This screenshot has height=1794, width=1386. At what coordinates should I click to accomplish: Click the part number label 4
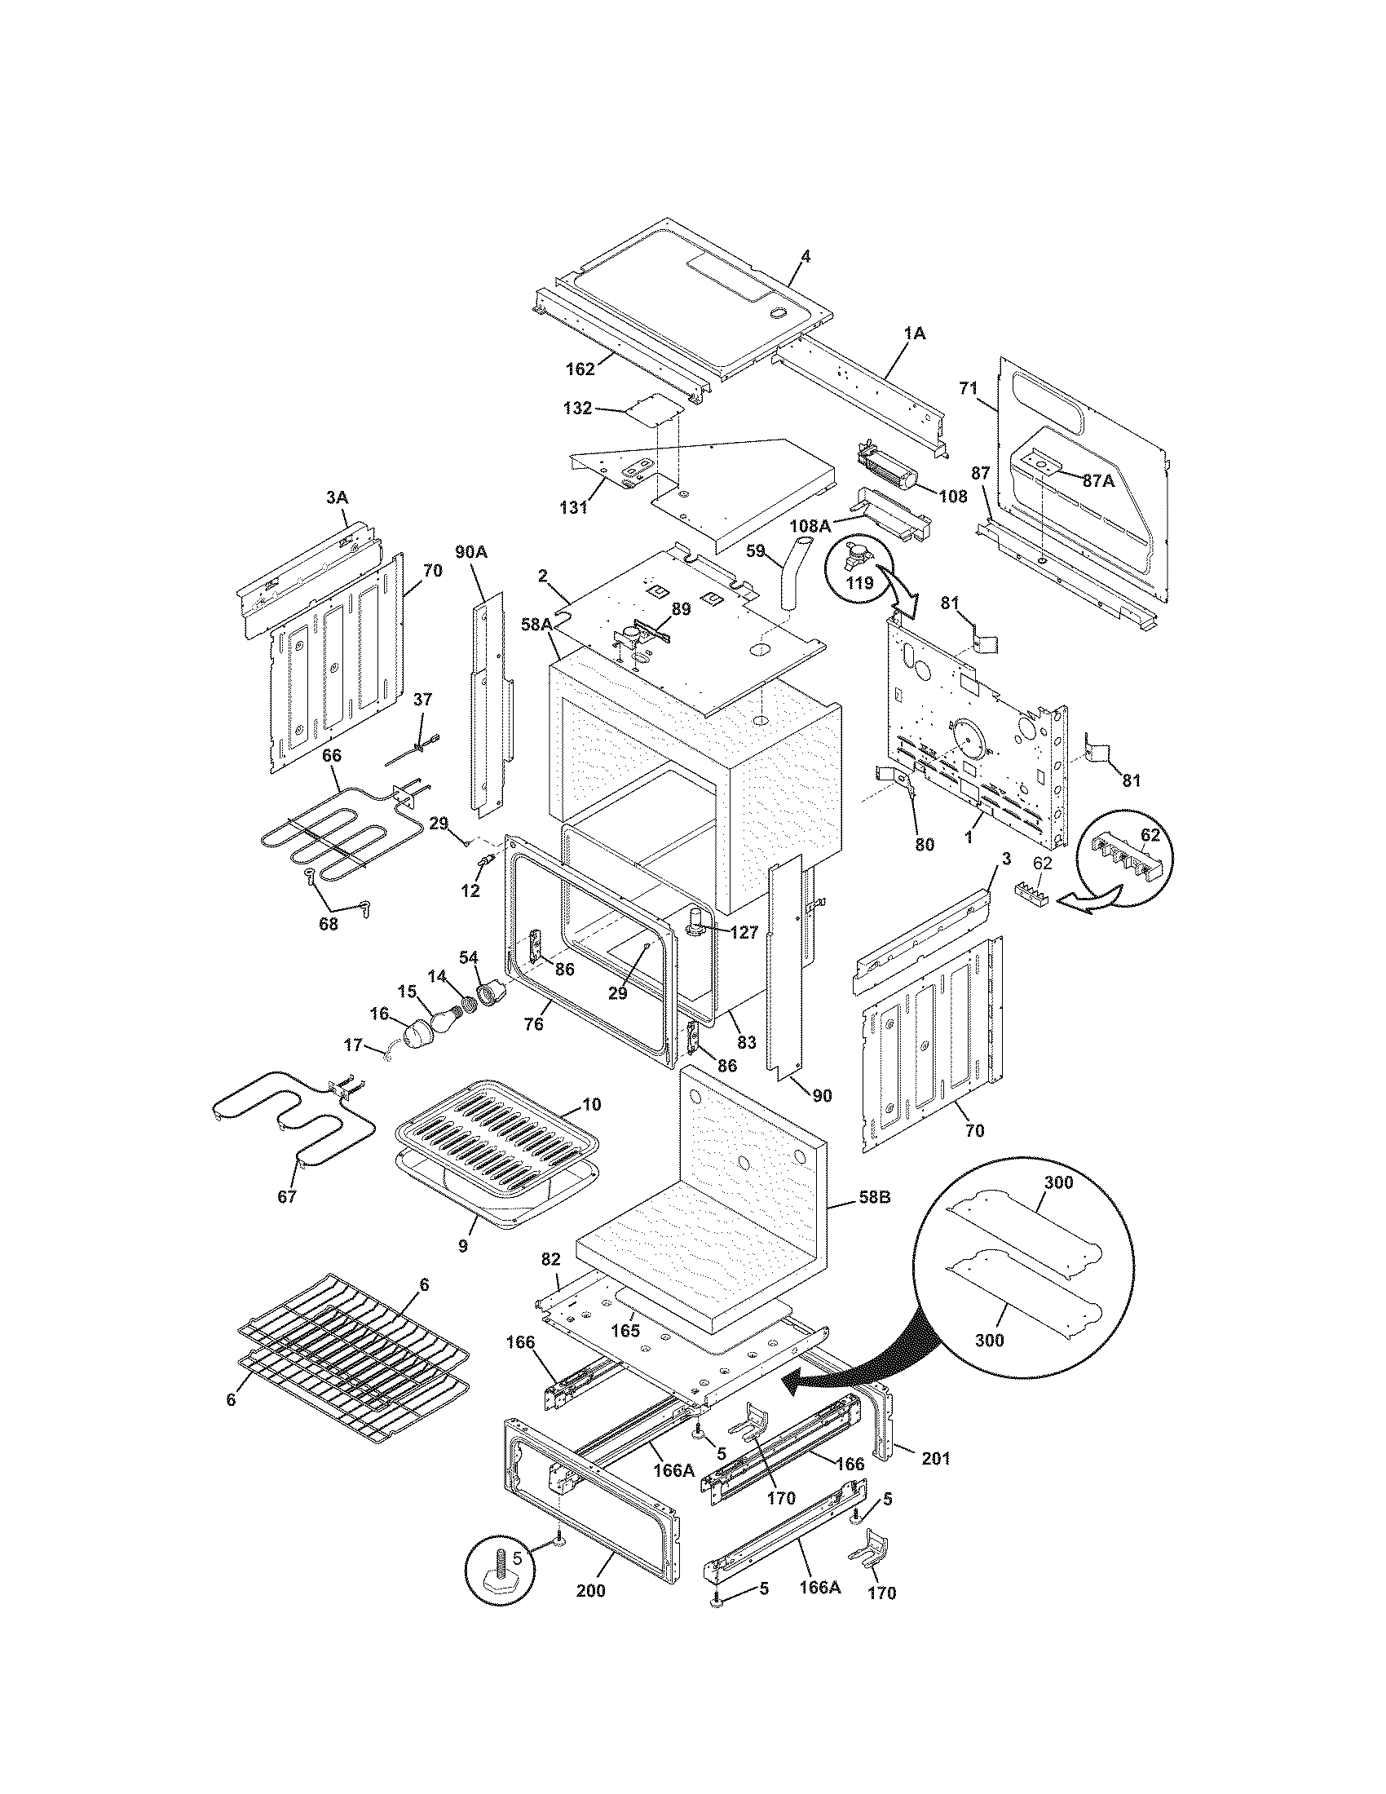coord(806,257)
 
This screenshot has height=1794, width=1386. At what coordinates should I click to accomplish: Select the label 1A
coord(914,334)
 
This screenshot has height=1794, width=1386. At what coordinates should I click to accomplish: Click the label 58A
coord(535,625)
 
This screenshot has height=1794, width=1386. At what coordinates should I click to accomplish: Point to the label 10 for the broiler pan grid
coord(592,1105)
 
